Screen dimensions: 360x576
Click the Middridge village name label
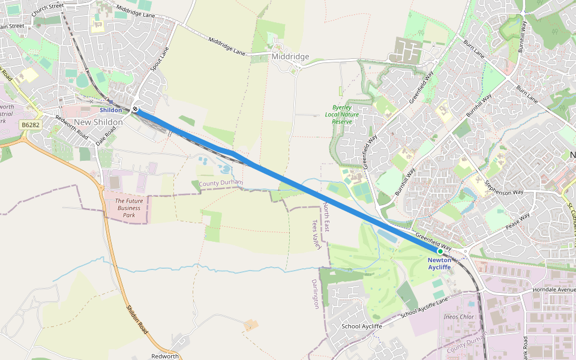coord(290,57)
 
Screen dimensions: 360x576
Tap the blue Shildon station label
coord(110,110)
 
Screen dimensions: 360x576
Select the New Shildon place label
coord(98,122)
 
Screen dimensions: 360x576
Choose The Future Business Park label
coord(128,208)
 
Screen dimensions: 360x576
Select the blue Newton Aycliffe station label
coord(439,263)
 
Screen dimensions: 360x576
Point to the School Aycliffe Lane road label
coord(424,307)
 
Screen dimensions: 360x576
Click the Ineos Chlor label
coord(458,316)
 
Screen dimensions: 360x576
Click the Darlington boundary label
coord(316,293)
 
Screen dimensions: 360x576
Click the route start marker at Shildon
coord(136,109)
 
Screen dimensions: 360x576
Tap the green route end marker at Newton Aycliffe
coord(440,251)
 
